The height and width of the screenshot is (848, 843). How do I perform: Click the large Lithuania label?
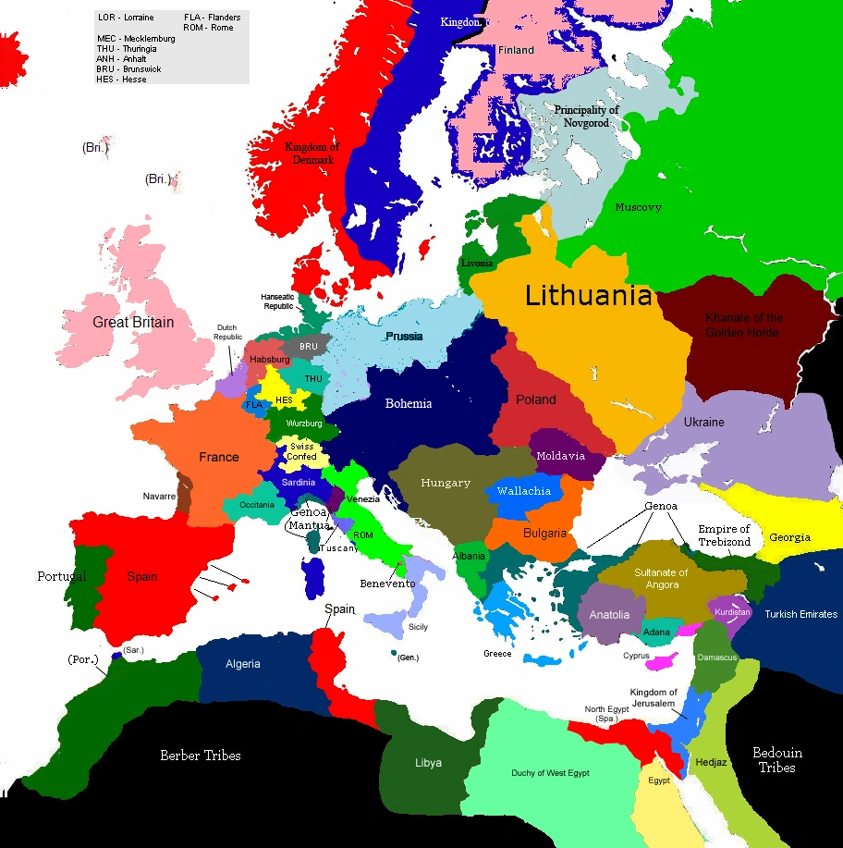589,296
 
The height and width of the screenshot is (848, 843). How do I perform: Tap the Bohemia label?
408,403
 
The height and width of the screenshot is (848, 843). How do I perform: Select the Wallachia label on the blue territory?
523,491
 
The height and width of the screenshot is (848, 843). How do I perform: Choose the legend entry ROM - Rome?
209,28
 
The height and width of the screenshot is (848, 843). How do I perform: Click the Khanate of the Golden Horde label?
743,325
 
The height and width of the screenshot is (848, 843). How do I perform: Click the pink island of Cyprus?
662,661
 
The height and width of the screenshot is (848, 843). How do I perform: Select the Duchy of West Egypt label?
550,773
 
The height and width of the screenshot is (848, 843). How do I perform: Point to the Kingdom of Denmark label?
312,154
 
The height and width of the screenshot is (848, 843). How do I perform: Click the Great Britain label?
133,323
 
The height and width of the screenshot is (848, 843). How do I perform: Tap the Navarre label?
159,497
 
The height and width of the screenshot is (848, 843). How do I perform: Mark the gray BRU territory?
307,347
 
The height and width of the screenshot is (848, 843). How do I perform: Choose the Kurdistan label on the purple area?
733,612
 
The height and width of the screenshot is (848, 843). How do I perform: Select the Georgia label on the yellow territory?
789,537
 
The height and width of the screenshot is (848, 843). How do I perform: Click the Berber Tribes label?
201,756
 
